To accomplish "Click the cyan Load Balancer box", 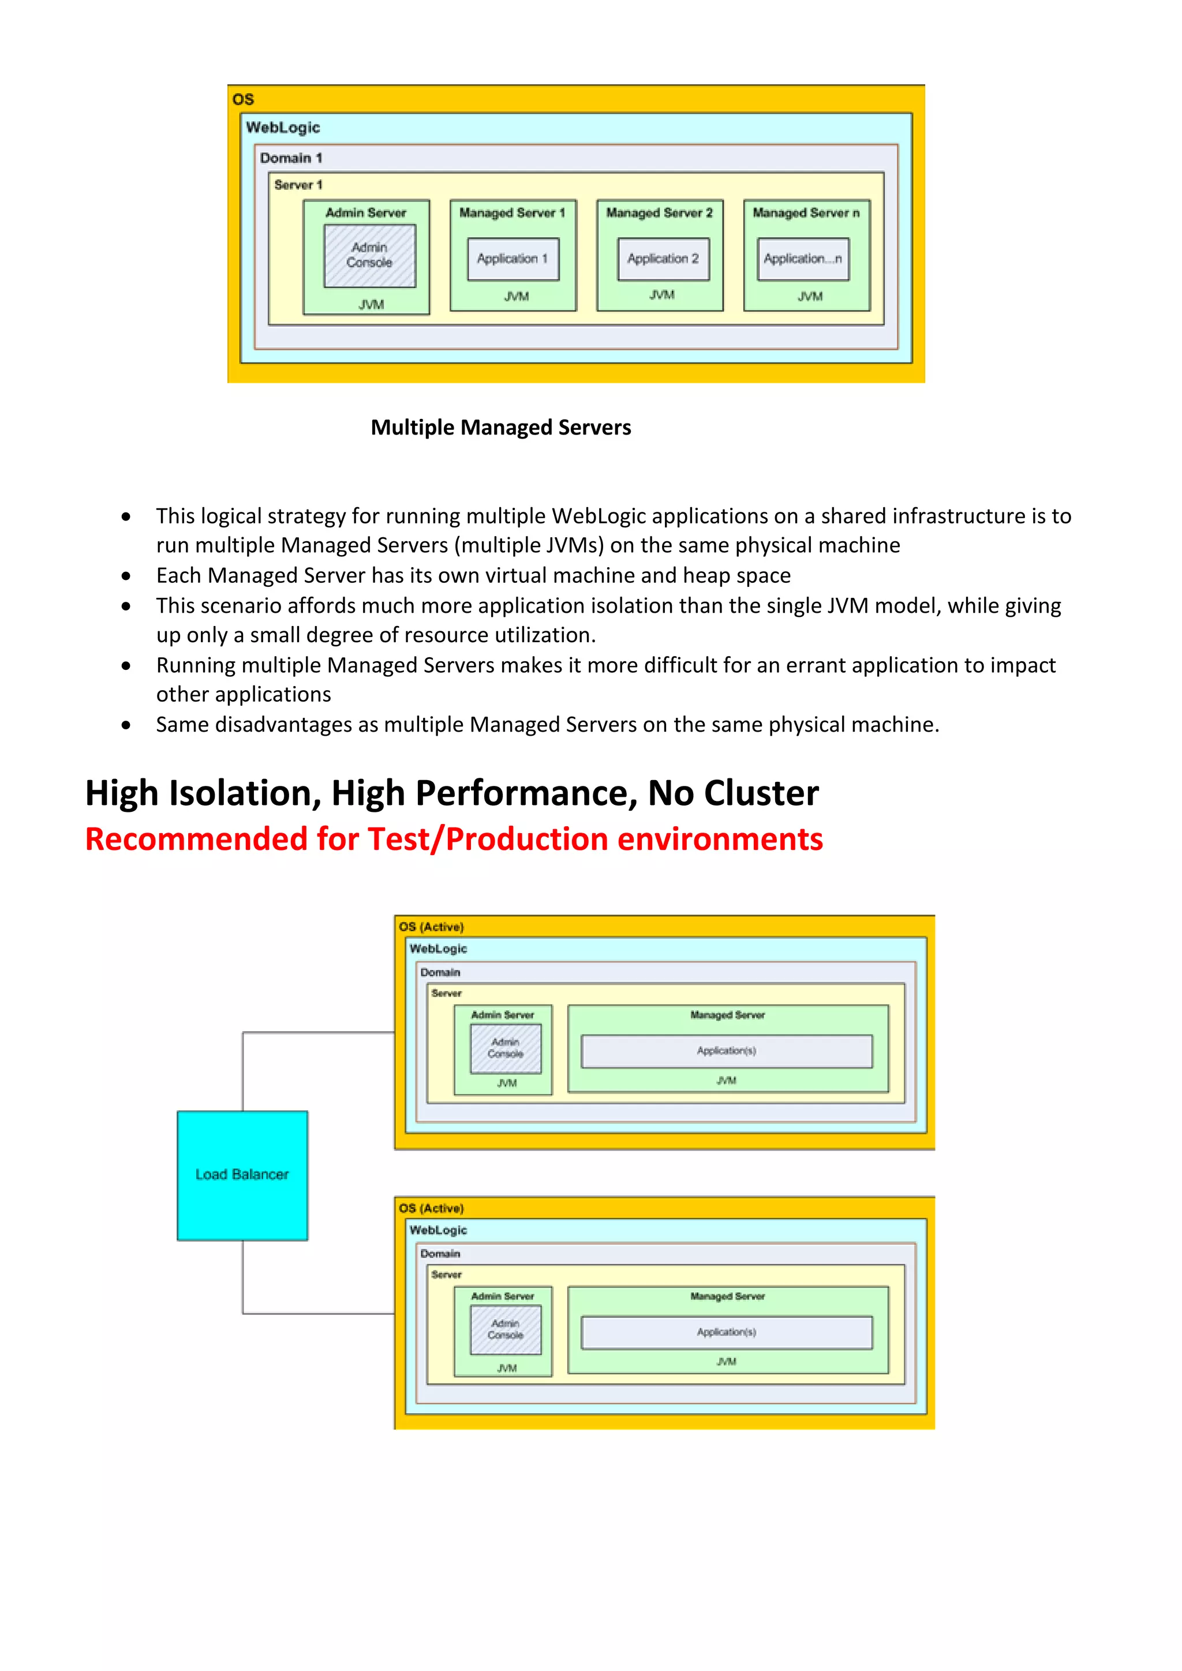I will point(242,1175).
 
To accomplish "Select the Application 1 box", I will point(513,259).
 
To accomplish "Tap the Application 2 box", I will point(663,259).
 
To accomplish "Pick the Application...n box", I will point(803,259).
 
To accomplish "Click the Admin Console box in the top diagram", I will point(370,256).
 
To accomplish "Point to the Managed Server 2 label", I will point(660,212).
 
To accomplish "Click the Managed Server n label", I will point(806,212).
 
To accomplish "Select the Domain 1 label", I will point(291,158).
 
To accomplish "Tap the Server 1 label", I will point(298,185).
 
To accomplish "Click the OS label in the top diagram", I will point(243,100).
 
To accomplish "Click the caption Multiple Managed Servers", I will point(501,427).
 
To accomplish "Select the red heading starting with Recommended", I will point(454,839).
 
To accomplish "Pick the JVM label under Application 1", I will point(517,296).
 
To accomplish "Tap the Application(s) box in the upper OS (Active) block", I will point(727,1051).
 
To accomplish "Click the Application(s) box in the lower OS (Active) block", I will point(727,1332).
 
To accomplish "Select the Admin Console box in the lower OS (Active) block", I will point(506,1329).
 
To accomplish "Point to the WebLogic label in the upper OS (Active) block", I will point(438,949).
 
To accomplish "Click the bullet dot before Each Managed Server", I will point(126,576).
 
